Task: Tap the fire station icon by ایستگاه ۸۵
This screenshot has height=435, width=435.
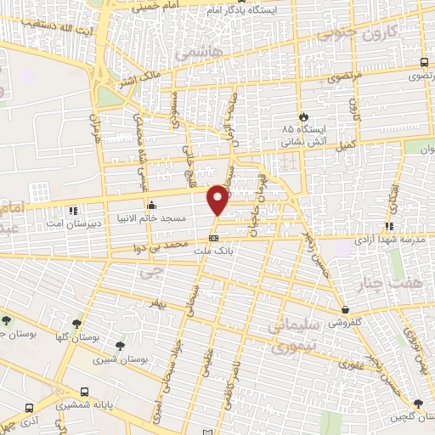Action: click(302, 116)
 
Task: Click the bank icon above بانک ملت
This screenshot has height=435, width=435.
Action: click(214, 238)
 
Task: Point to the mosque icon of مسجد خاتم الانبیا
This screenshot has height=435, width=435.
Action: click(152, 204)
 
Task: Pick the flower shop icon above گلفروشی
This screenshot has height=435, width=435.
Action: click(344, 309)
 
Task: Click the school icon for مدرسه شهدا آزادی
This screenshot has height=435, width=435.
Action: click(388, 226)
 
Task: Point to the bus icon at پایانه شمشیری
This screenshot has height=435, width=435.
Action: click(84, 392)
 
